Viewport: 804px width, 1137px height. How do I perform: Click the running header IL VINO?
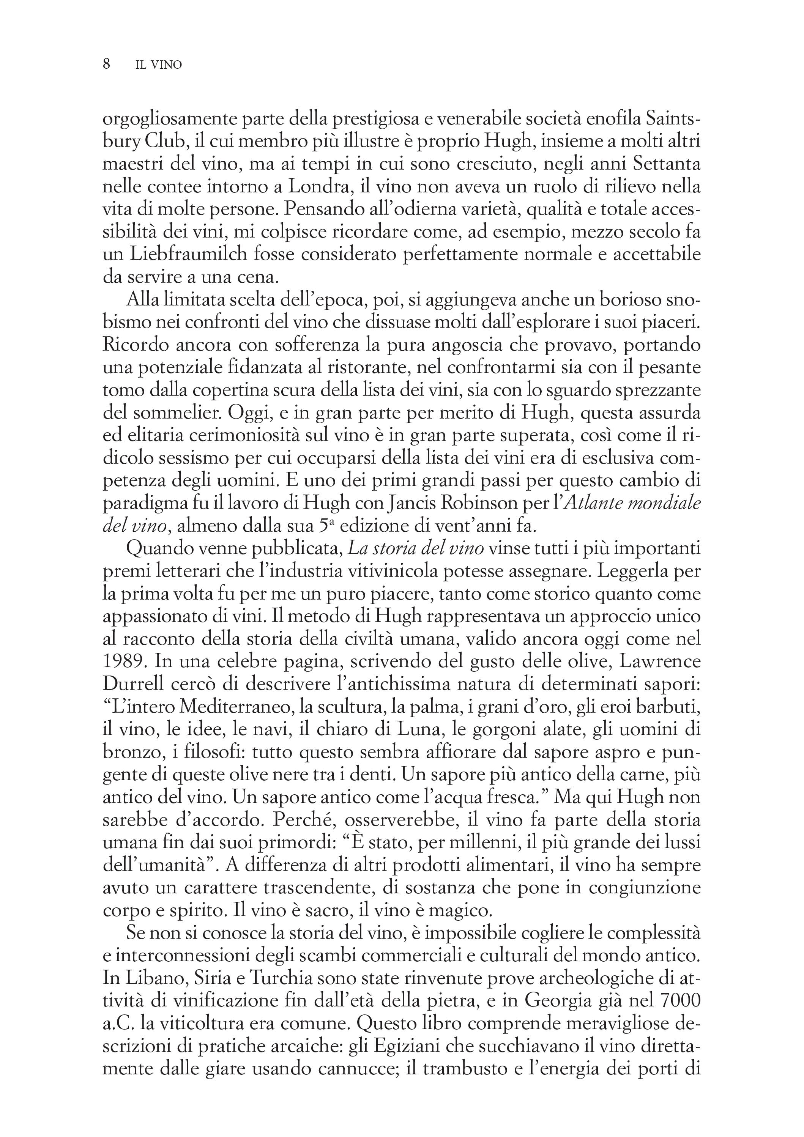(x=159, y=65)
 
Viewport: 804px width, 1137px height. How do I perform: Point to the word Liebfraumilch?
(x=188, y=255)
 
